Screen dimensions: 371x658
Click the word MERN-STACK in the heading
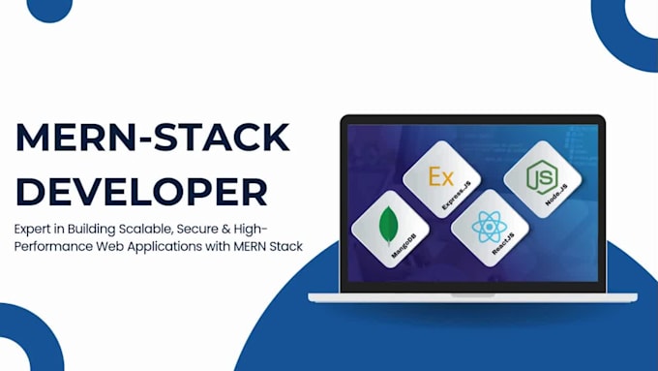(152, 139)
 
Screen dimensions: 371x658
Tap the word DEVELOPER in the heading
(141, 191)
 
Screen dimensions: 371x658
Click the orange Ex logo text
(440, 176)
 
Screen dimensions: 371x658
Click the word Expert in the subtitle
(36, 229)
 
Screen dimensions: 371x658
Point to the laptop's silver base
(472, 295)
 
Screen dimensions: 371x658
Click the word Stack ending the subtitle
(285, 246)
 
